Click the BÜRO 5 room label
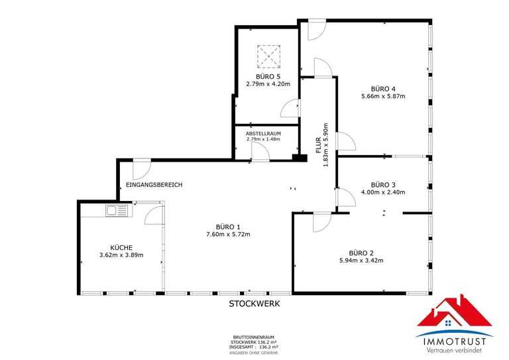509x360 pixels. [x=268, y=76]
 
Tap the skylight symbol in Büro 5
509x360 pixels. [x=268, y=57]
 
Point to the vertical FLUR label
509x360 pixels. [x=319, y=145]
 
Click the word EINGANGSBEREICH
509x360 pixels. [x=153, y=185]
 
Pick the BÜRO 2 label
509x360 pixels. [x=361, y=253]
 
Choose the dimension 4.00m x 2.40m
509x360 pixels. [x=382, y=192]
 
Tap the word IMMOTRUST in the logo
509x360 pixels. [x=454, y=341]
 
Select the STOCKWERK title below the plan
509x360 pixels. [x=254, y=304]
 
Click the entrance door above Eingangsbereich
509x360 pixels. [x=141, y=168]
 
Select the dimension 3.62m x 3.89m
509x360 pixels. [x=121, y=255]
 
